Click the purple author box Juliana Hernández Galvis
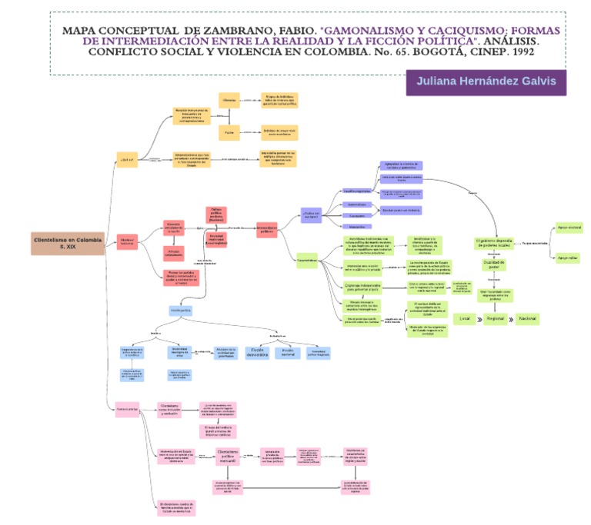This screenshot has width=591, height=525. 486,81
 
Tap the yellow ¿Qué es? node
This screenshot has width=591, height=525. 127,159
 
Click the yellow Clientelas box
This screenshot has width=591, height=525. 229,100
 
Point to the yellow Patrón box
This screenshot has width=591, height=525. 229,133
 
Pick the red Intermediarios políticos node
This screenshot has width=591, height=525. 267,228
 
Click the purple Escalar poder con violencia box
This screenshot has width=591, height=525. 401,210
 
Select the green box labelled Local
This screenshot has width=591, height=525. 464,318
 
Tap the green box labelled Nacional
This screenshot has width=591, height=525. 527,318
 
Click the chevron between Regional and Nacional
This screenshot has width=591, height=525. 510,318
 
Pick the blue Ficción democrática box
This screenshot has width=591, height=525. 256,353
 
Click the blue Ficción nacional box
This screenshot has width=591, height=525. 289,353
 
